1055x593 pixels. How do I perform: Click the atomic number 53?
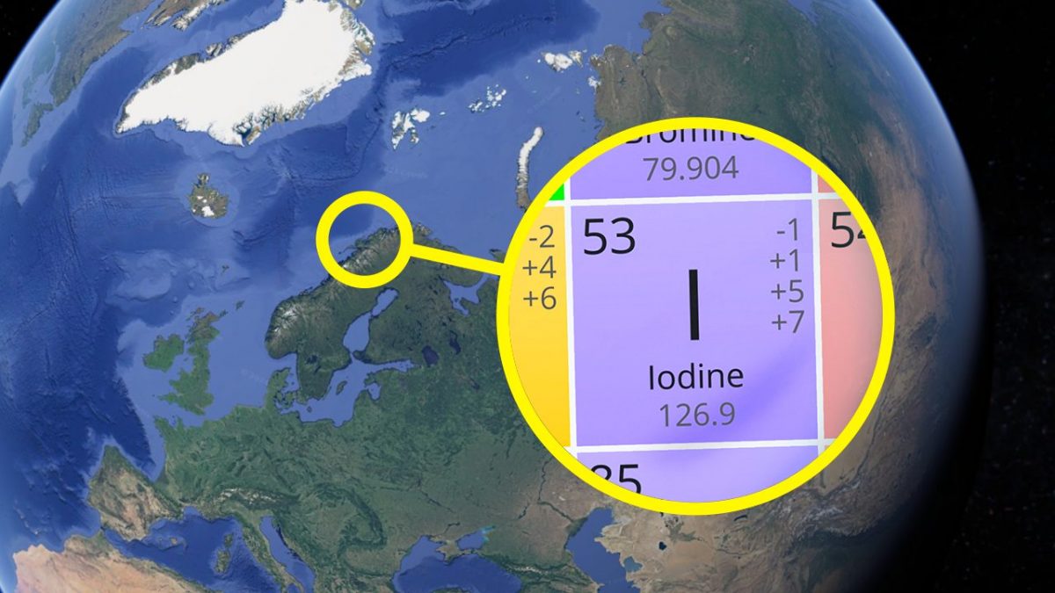pos(609,236)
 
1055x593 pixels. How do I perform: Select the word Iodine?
pos(695,378)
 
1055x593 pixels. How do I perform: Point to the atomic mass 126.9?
pos(695,412)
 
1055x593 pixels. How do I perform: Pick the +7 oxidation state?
pos(787,322)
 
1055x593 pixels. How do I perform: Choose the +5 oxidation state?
pos(787,291)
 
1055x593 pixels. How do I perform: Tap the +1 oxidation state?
pos(787,261)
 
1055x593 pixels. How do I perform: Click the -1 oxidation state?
pos(789,230)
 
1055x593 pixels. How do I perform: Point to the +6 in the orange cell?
pos(540,299)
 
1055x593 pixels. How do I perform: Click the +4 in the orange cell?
pos(540,268)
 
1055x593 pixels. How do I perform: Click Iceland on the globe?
pos(209,195)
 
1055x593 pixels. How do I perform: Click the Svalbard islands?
pos(410,123)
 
